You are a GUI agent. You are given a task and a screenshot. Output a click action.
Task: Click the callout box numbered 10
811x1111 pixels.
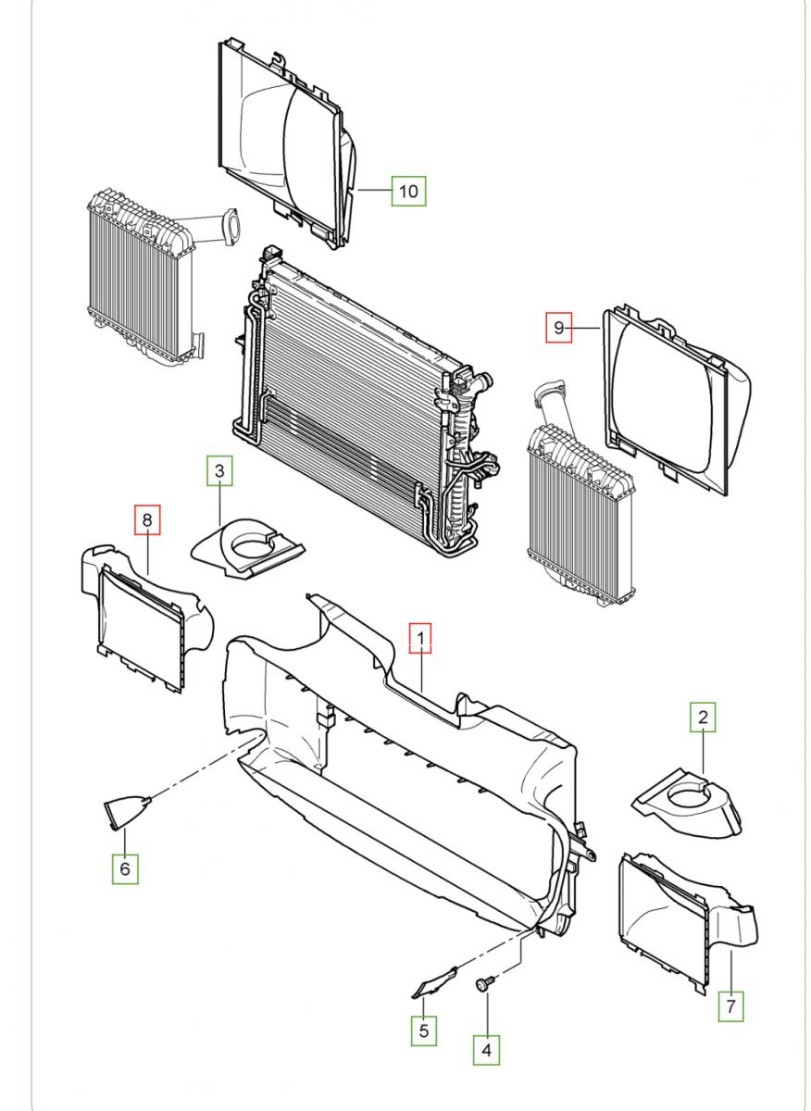(x=408, y=191)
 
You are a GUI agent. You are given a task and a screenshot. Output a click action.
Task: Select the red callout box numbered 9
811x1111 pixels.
(x=558, y=327)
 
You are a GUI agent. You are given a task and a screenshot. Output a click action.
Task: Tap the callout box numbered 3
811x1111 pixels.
(x=218, y=471)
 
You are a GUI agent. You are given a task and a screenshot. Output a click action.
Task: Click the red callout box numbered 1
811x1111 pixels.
(x=420, y=638)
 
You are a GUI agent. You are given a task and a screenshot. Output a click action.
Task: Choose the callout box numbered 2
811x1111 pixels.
(x=702, y=717)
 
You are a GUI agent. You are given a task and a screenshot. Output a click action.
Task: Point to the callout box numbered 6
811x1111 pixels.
(x=126, y=868)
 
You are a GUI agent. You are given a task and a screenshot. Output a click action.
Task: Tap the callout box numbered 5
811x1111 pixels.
(x=423, y=1030)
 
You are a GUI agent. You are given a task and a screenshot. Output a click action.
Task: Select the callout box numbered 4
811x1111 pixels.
(x=486, y=1049)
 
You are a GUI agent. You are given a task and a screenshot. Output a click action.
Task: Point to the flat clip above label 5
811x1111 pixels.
(x=434, y=981)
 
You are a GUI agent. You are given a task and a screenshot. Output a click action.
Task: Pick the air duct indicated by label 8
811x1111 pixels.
(x=143, y=606)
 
